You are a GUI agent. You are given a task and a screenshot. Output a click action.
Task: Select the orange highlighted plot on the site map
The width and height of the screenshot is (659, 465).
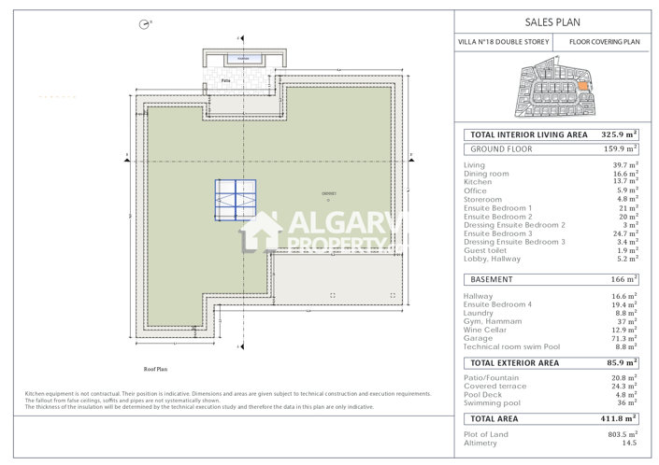(585, 86)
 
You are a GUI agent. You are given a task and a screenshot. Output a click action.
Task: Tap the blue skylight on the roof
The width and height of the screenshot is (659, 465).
(235, 200)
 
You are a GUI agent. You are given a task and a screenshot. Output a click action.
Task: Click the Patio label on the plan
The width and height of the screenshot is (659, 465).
(226, 81)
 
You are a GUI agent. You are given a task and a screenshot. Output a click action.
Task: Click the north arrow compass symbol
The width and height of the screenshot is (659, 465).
(144, 24)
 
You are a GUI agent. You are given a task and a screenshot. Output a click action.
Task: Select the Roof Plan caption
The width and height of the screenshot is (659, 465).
(155, 370)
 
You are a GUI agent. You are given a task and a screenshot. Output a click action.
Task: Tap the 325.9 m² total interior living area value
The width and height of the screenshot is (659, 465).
(619, 134)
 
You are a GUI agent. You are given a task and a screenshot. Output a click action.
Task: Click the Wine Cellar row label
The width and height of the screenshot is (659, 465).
(486, 330)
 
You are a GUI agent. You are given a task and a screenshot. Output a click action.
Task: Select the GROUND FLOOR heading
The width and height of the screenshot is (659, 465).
(501, 149)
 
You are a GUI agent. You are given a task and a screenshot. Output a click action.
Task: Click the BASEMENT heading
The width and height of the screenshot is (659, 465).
(492, 279)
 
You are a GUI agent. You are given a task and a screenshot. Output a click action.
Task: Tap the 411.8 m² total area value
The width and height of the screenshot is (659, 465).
(619, 419)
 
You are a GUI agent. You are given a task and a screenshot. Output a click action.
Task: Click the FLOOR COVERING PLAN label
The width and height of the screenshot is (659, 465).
(605, 42)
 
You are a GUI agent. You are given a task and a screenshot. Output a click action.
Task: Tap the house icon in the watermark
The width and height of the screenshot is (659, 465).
(261, 232)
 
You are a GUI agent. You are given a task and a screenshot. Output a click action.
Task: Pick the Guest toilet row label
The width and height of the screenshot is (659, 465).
(485, 250)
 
